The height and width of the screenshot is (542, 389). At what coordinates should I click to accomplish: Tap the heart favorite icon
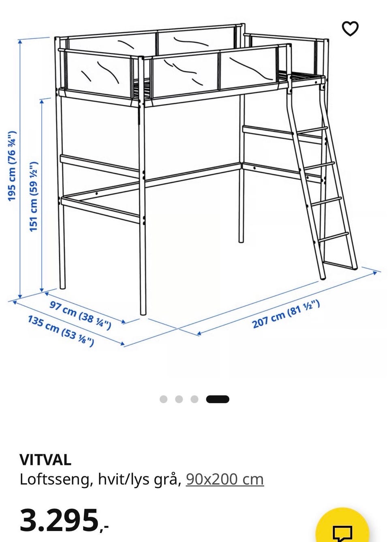pyautogui.click(x=350, y=28)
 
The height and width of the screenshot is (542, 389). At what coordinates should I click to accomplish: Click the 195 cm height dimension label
pyautogui.click(x=12, y=166)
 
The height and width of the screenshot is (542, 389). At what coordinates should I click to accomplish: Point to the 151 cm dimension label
pyautogui.click(x=33, y=196)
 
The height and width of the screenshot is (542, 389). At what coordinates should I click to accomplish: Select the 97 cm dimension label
pyautogui.click(x=80, y=315)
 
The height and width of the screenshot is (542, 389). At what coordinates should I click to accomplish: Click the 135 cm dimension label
pyautogui.click(x=61, y=331)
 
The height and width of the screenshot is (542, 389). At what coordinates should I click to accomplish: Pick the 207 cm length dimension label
pyautogui.click(x=286, y=314)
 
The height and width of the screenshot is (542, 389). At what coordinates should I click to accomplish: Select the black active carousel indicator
pyautogui.click(x=218, y=399)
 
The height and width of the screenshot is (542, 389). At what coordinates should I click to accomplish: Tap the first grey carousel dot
pyautogui.click(x=164, y=399)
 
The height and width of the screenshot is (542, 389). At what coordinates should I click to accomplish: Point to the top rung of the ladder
pyautogui.click(x=312, y=131)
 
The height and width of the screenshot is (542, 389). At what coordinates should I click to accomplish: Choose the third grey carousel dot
pyautogui.click(x=194, y=399)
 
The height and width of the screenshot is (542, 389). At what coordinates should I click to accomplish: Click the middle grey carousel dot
pyautogui.click(x=179, y=399)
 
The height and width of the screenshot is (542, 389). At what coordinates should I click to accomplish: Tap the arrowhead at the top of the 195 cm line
pyautogui.click(x=20, y=42)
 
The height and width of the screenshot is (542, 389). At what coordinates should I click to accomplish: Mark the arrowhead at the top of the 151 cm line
pyautogui.click(x=42, y=101)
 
